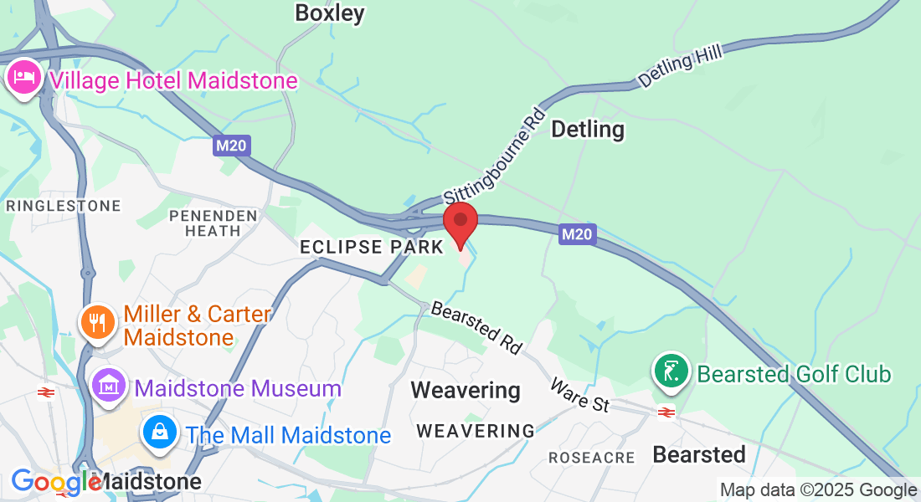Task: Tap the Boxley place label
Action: click(330, 13)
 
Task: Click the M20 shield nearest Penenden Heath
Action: click(231, 146)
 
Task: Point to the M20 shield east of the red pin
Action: click(577, 235)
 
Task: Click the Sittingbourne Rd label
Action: click(495, 156)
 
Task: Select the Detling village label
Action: click(588, 130)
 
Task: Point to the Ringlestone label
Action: click(64, 206)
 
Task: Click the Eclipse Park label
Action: click(372, 248)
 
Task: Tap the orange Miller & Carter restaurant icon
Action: click(99, 322)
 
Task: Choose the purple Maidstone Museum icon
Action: click(110, 387)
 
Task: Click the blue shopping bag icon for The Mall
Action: click(158, 433)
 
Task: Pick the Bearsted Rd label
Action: click(476, 327)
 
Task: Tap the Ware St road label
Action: click(579, 395)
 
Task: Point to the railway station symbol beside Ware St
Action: click(666, 412)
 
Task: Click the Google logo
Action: click(55, 483)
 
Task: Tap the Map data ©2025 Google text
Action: click(818, 490)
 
